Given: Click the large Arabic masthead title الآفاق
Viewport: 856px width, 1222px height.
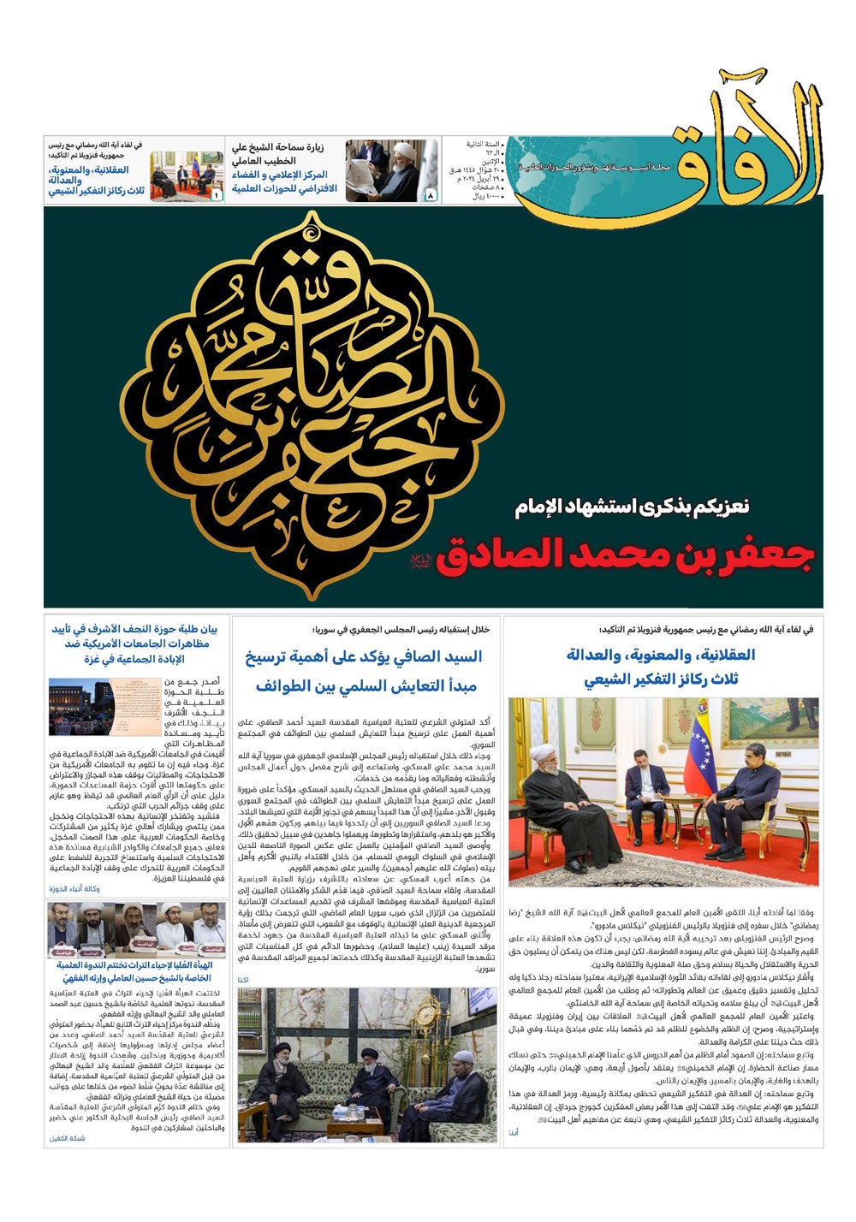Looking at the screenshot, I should [745, 137].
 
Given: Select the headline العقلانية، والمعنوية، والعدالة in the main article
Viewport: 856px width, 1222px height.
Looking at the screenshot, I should [661, 655].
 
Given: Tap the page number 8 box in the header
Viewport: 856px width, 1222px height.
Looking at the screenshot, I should [431, 196].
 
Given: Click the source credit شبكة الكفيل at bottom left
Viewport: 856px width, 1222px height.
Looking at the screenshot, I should [68, 1138].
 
